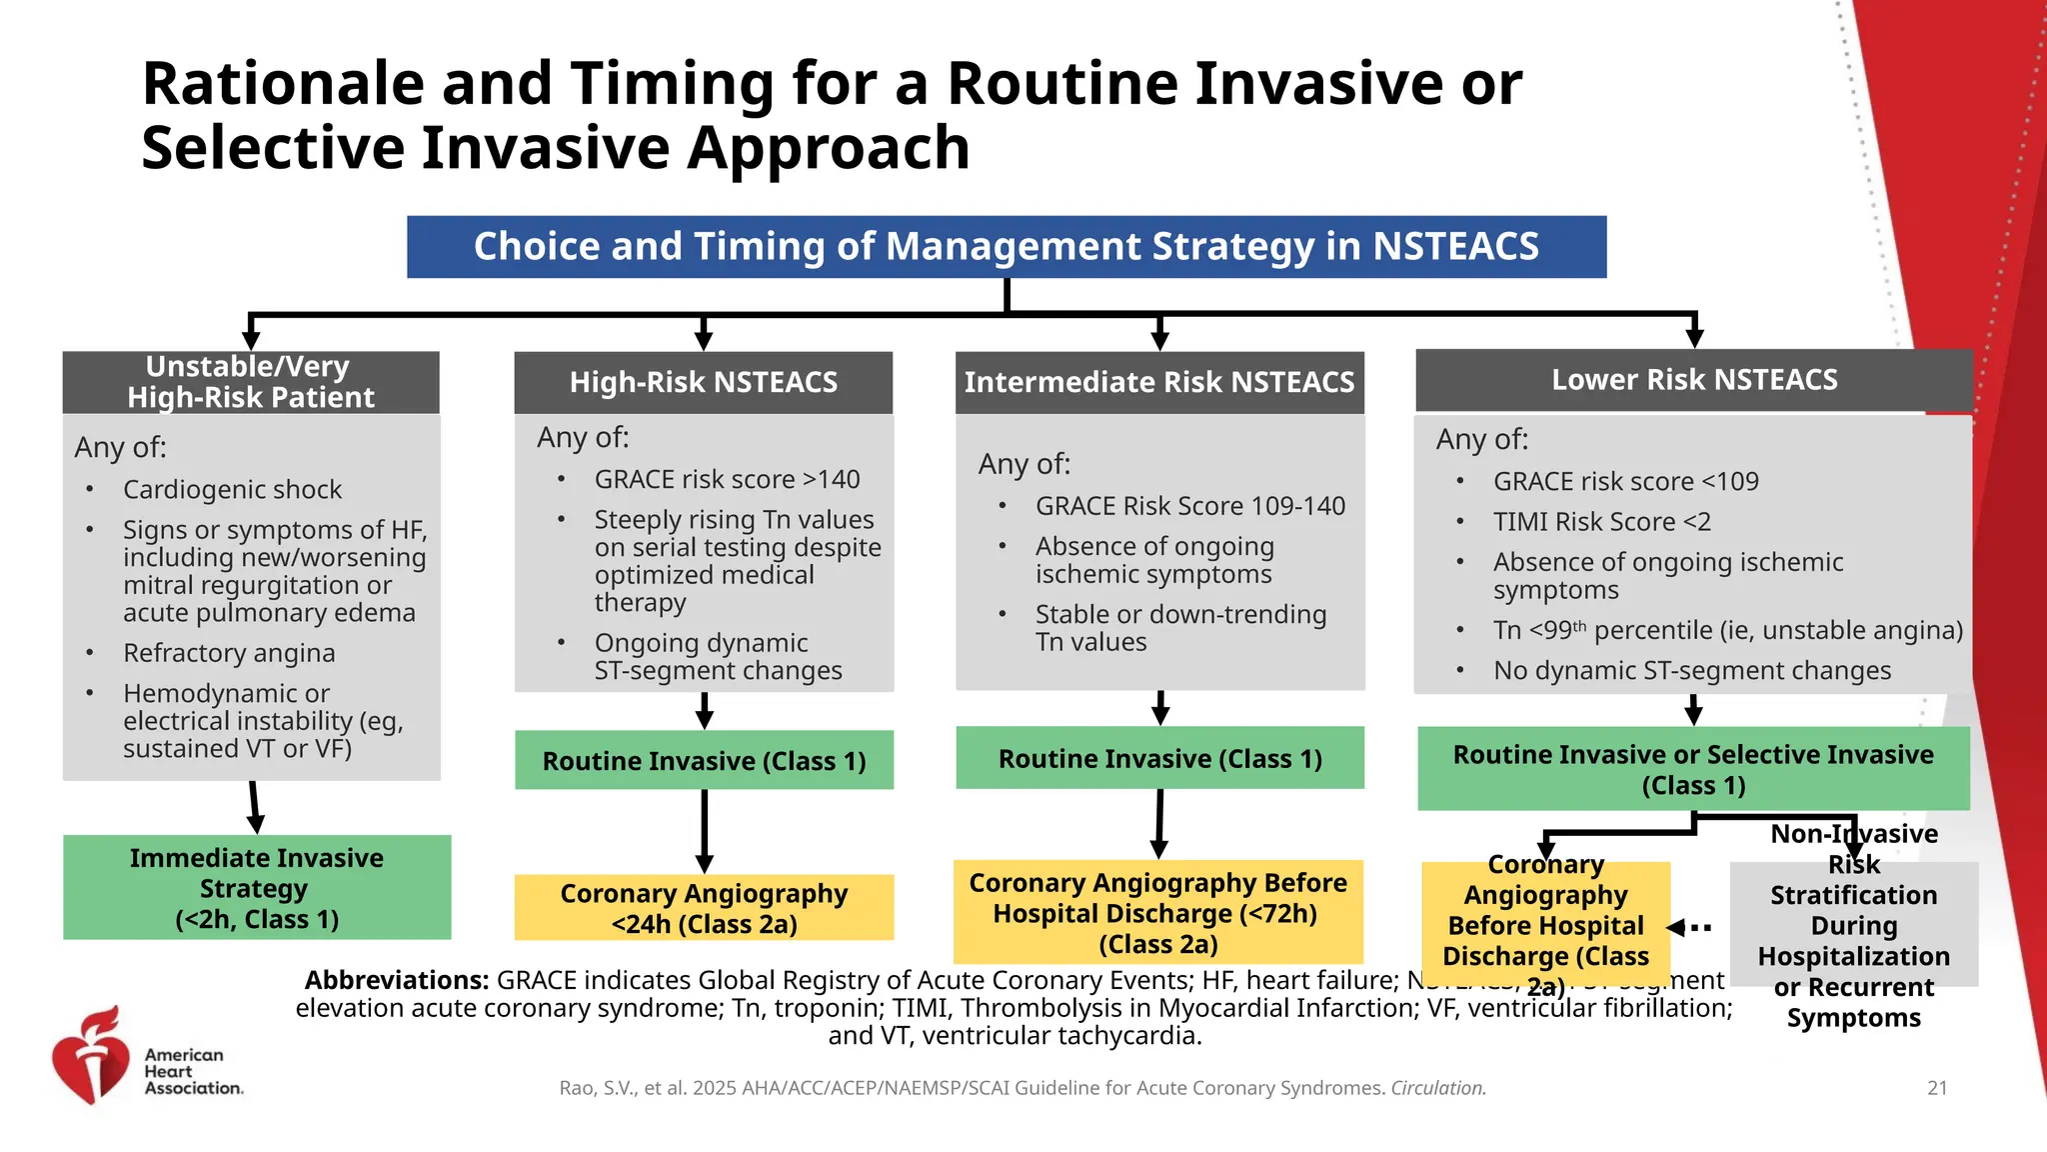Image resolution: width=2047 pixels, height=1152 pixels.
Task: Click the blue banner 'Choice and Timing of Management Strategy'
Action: [1007, 247]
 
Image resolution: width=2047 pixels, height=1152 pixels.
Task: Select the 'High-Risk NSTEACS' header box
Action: [703, 382]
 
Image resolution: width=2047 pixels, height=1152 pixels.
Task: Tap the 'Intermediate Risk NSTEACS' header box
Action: [1159, 382]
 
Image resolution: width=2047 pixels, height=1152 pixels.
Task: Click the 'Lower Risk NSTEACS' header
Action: [1694, 380]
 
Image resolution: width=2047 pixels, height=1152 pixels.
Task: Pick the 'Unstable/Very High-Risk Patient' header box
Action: [250, 382]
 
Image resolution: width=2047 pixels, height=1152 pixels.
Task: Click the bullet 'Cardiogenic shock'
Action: [232, 489]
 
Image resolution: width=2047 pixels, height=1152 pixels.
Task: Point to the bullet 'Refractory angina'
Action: [229, 653]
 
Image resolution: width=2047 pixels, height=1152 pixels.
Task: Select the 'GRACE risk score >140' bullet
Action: [727, 480]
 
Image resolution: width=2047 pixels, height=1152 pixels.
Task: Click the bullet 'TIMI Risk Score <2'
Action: [1601, 522]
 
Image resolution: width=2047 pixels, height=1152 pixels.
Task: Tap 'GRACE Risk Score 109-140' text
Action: [1189, 506]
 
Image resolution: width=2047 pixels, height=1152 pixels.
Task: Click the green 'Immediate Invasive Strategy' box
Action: [257, 887]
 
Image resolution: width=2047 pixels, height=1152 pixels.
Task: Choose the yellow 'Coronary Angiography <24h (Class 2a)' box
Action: [704, 907]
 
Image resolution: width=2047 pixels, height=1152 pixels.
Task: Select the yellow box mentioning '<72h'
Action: [1157, 912]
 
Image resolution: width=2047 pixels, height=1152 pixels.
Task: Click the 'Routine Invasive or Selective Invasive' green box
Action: [1693, 768]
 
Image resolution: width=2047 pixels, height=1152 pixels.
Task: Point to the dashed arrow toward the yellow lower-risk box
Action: [1690, 927]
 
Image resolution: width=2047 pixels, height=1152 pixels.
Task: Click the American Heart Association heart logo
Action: [91, 1058]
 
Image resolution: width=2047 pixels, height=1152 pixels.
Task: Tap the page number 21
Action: [1937, 1088]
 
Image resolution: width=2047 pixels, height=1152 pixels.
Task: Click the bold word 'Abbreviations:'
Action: [397, 980]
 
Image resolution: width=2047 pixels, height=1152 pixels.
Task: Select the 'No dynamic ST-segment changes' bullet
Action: [1691, 671]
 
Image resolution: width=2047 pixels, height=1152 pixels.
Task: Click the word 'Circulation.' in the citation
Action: [1438, 1088]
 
